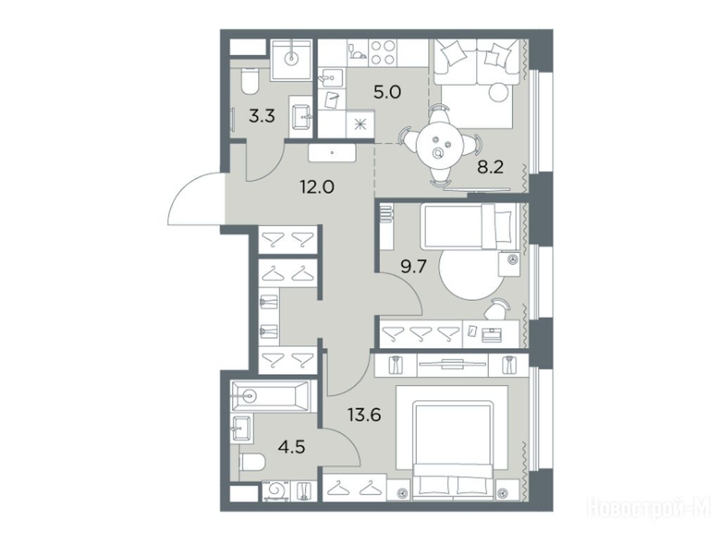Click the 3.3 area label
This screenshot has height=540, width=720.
[x=262, y=116]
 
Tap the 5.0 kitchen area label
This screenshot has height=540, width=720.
[x=387, y=93]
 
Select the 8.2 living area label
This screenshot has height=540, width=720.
[x=490, y=167]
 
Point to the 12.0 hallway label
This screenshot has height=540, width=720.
[x=317, y=187]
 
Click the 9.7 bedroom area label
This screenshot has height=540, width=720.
[x=413, y=266]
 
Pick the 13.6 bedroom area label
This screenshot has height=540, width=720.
[x=364, y=416]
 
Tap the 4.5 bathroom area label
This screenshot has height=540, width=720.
[x=292, y=446]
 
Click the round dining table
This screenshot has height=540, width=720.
[x=441, y=146]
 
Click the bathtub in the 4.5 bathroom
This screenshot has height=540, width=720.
[x=271, y=395]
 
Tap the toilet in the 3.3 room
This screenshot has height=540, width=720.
[x=250, y=82]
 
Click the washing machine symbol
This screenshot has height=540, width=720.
[x=276, y=490]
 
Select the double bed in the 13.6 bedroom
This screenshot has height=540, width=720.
[x=453, y=449]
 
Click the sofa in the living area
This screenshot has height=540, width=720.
[x=477, y=63]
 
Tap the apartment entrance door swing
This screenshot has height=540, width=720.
[x=195, y=199]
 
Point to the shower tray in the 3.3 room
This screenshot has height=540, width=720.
[x=291, y=60]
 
